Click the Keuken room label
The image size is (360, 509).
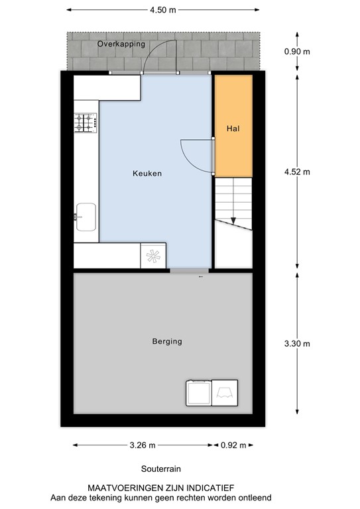(147, 174)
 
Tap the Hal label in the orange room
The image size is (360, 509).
(232, 129)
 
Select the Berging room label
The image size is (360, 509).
(166, 342)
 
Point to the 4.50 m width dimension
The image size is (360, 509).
(163, 11)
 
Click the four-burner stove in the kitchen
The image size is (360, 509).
(86, 123)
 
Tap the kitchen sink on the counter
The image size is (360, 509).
(86, 216)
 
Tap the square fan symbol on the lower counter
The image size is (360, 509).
(153, 256)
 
